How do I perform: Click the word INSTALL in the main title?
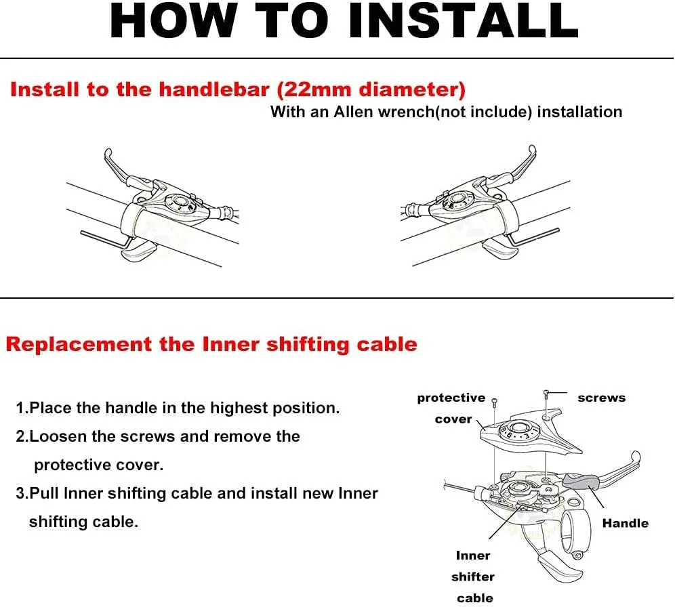pos(463,20)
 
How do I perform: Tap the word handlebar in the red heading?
pos(214,89)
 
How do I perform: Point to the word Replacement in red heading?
pos(79,344)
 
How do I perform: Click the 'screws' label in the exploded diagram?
pos(601,398)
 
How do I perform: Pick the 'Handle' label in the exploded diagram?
pos(625,523)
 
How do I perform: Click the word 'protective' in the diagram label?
pos(451,398)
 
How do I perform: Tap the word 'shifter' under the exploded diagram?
pos(472,577)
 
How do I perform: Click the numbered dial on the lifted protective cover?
pos(518,431)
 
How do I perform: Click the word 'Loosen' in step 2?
pos(58,436)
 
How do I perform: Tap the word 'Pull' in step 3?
pos(45,493)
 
